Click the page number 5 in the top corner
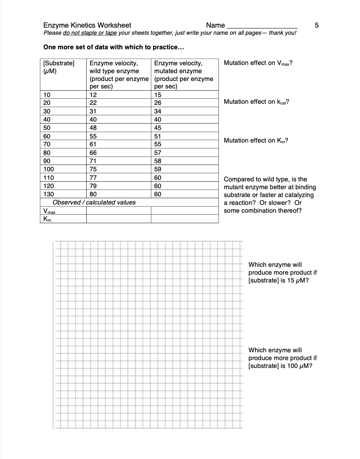317,25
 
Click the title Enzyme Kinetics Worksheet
87,25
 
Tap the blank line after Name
262,26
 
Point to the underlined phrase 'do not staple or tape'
90,33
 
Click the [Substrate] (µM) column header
59,67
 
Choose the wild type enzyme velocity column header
118,74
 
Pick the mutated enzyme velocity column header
184,74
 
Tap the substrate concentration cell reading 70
47,144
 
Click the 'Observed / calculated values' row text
94,202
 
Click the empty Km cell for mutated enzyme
184,219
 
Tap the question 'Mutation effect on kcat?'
256,102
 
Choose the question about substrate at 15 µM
282,272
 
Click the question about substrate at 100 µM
282,358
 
